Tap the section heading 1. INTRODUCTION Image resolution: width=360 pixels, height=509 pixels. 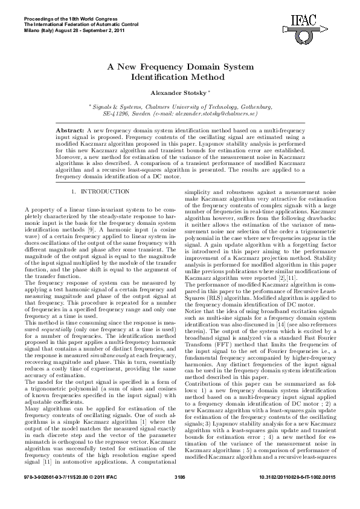point(98,192)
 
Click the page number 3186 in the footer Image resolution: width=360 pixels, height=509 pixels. point(179,495)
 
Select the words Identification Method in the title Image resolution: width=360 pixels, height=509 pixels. point(179,77)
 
